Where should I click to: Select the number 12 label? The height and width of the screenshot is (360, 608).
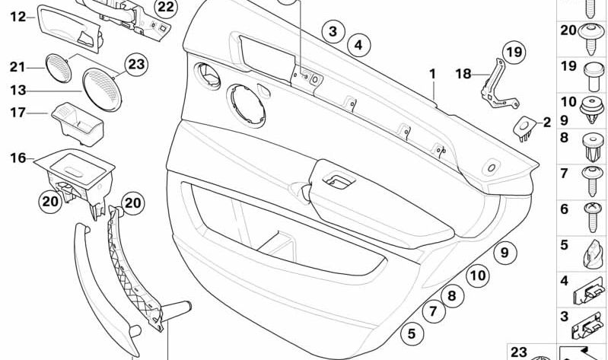tap(18, 15)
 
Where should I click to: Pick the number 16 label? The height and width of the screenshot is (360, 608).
tap(17, 158)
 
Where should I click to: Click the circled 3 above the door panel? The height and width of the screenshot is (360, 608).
tap(332, 32)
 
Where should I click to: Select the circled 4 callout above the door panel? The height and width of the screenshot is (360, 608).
tap(358, 45)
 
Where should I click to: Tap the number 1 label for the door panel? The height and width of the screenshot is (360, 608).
tap(432, 75)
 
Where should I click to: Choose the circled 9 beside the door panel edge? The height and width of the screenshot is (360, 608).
tap(502, 253)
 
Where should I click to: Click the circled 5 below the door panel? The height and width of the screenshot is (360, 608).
tap(412, 333)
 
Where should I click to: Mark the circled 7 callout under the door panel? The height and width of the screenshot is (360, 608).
tap(432, 311)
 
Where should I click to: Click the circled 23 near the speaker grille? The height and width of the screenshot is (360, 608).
tap(135, 65)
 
